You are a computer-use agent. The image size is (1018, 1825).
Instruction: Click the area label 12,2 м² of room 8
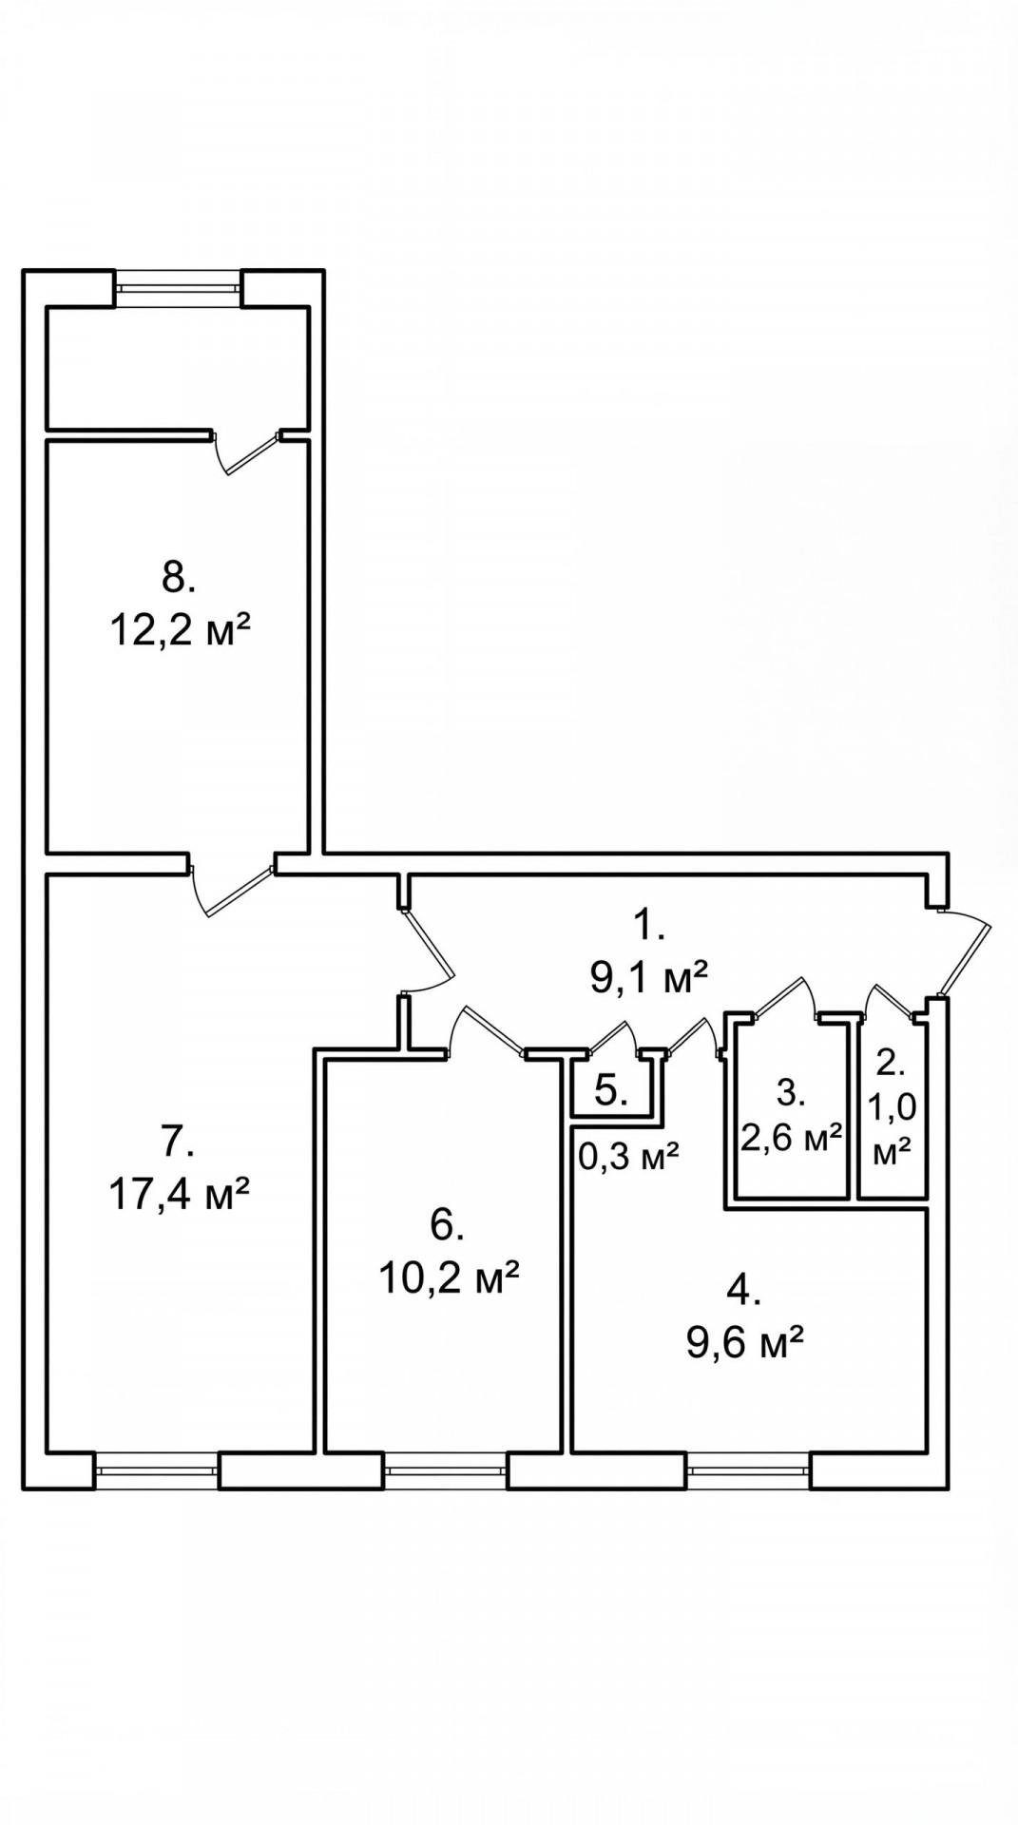pos(180,629)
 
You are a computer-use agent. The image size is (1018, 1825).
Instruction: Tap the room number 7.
pos(177,1141)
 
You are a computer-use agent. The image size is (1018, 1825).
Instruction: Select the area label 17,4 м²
pos(180,1194)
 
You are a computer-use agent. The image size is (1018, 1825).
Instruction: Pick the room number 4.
pos(744,1290)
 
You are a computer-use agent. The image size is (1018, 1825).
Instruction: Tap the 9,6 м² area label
pos(745,1343)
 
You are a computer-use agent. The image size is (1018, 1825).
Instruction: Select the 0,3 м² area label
pos(628,1157)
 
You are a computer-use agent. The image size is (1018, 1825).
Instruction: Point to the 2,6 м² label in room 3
pos(792,1138)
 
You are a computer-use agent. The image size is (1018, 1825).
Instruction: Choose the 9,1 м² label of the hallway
pos(650,977)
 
